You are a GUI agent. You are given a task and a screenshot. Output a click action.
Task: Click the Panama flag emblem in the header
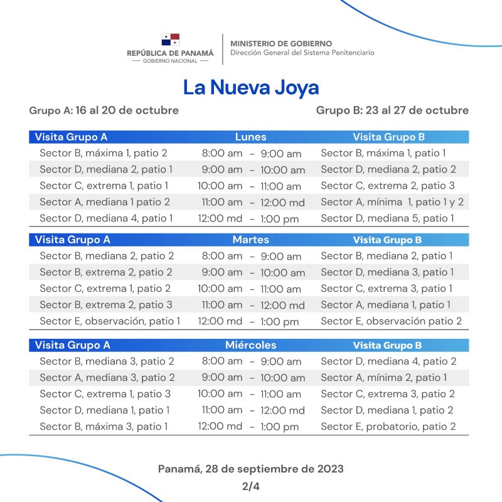(170, 40)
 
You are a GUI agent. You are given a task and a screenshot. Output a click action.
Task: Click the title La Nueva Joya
(251, 87)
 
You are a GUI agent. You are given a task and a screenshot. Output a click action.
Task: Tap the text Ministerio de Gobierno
(281, 43)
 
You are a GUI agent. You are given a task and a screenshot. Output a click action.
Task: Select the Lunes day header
(250, 137)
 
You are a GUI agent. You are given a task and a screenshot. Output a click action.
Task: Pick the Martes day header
(250, 240)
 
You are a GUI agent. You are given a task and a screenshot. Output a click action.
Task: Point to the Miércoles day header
(250, 345)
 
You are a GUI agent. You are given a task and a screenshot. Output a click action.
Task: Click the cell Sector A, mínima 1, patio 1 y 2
(392, 202)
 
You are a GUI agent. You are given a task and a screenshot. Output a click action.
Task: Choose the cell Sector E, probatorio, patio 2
(388, 427)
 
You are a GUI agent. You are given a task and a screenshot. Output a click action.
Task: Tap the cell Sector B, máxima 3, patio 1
(104, 427)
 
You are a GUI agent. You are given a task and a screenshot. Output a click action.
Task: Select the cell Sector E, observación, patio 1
(110, 321)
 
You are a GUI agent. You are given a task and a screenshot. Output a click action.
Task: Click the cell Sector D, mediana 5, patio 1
(387, 218)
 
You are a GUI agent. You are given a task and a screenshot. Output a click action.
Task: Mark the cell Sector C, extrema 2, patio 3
(387, 186)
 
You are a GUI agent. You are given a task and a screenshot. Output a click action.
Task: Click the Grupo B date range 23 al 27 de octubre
(392, 110)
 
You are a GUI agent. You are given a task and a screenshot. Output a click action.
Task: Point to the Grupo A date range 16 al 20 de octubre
(104, 110)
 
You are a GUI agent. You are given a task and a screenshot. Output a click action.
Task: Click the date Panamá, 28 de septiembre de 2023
(250, 469)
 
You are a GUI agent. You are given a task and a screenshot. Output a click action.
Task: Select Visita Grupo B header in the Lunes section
(388, 137)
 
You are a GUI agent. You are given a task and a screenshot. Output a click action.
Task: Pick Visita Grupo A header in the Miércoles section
(72, 345)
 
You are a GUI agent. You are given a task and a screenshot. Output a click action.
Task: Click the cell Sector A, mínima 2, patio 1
(383, 378)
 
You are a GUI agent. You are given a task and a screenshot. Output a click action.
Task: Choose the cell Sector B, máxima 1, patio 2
(104, 153)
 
